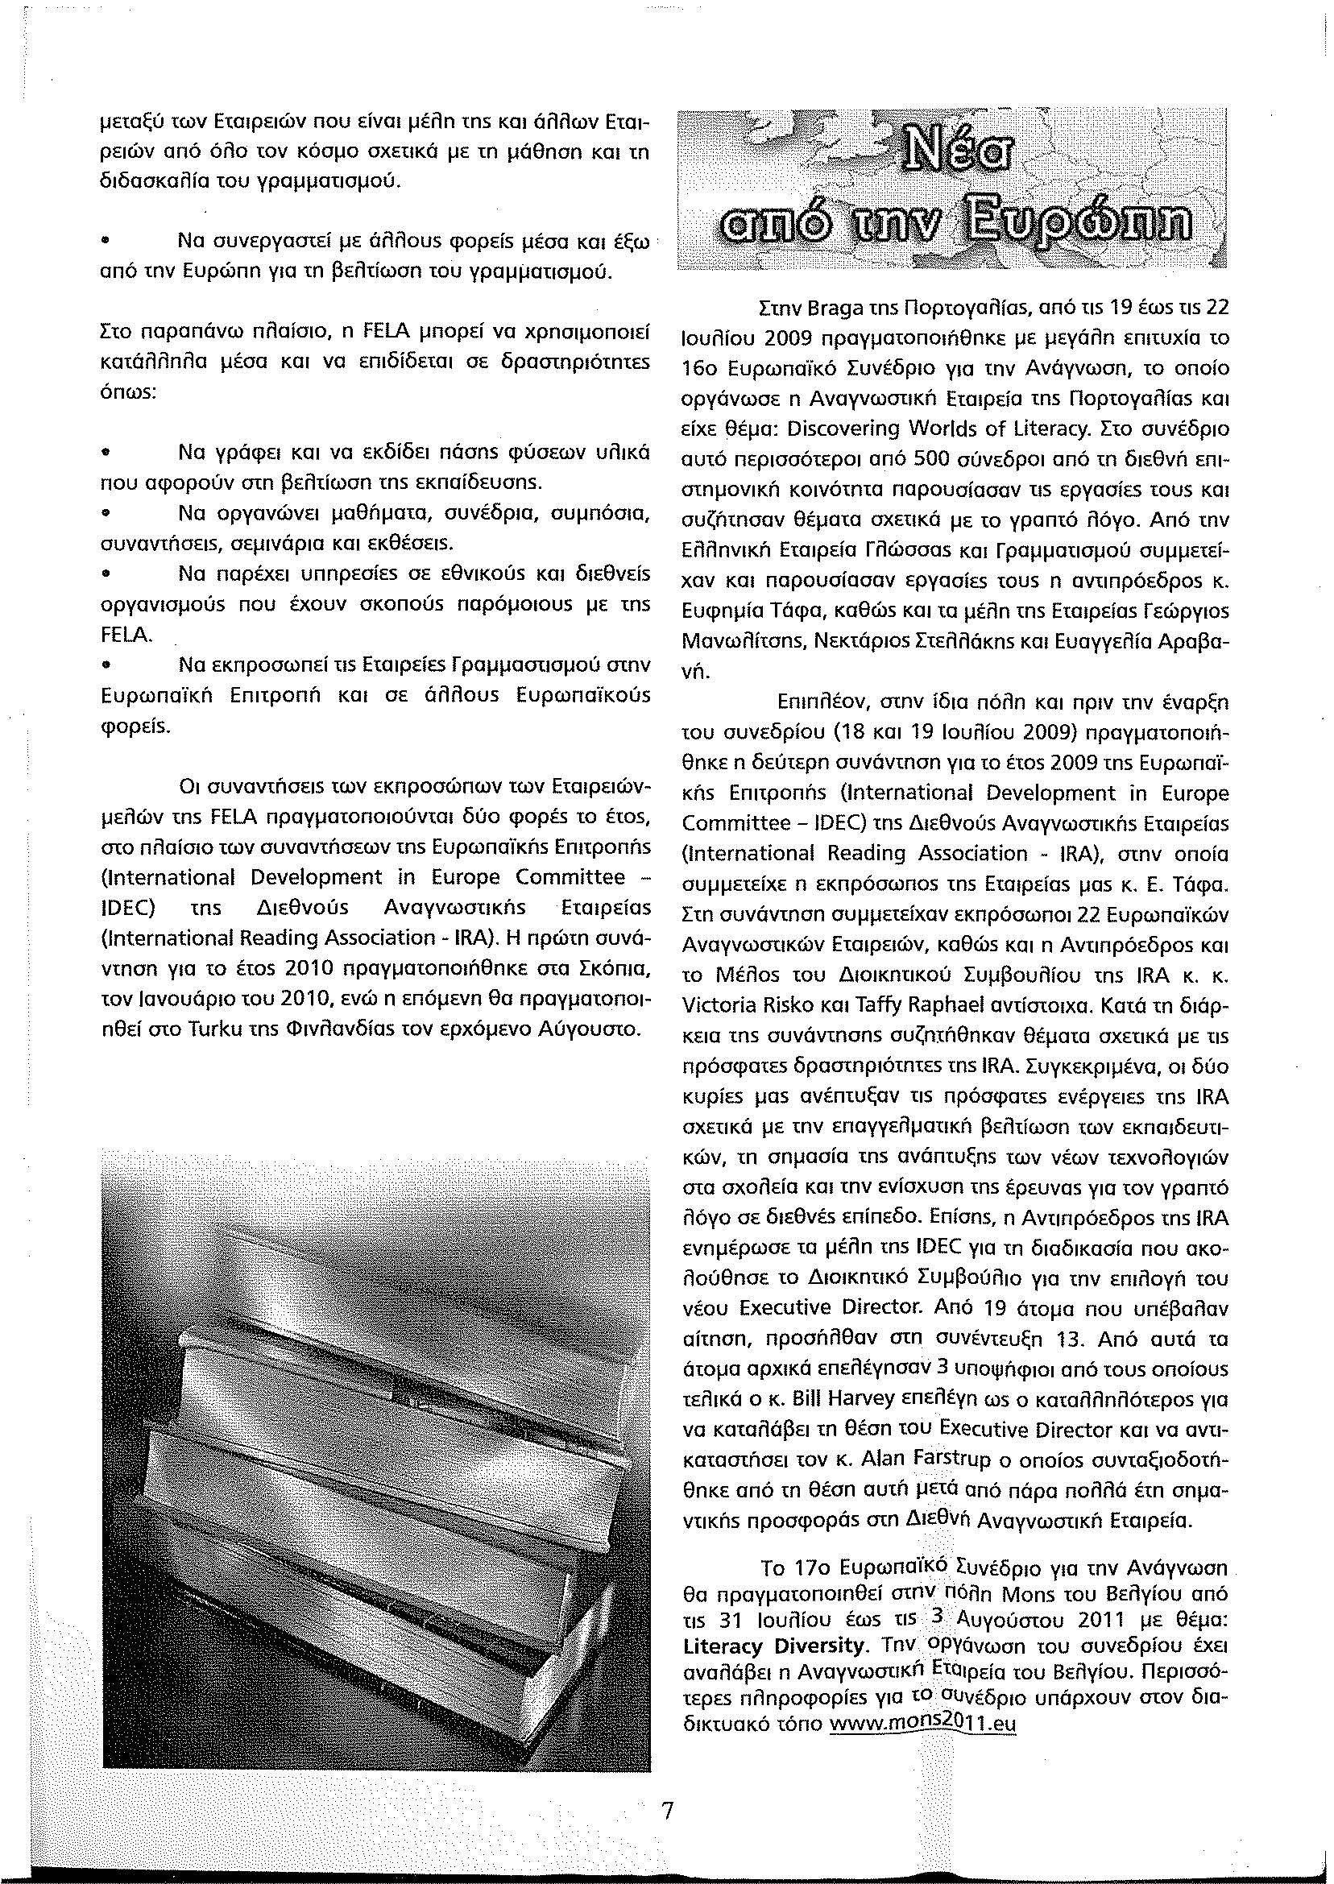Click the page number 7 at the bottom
tap(667, 1787)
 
